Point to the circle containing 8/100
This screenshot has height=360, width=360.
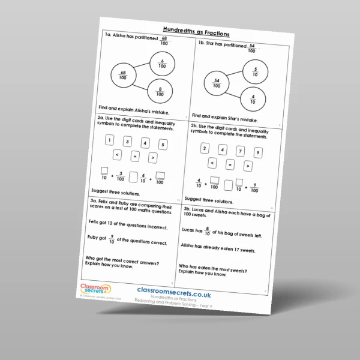pos(160,91)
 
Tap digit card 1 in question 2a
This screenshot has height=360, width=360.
pos(109,140)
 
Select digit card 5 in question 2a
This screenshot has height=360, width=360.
pos(163,145)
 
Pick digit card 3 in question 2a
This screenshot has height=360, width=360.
pos(127,142)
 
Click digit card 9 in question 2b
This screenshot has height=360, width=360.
pos(257,152)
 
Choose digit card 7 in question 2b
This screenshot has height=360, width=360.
pos(240,151)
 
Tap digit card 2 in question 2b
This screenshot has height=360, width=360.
pos(205,148)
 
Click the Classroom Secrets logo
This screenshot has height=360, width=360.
pos(92,286)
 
